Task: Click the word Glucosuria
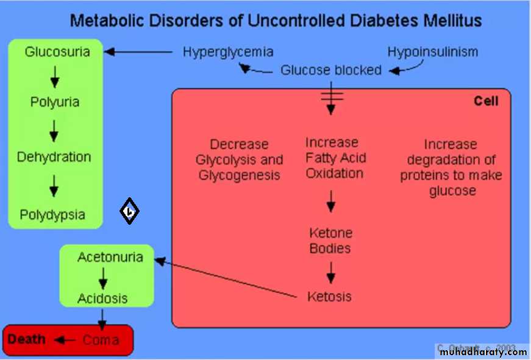point(57,52)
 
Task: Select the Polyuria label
point(55,102)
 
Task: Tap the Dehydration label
point(54,157)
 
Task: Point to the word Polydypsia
point(52,214)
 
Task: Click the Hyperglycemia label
point(227,52)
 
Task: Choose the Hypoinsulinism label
point(432,52)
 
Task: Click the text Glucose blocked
point(330,70)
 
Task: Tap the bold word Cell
point(486,101)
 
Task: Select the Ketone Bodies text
point(330,241)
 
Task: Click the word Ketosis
point(329,297)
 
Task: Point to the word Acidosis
point(102,298)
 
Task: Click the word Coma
point(101,340)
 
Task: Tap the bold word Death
point(27,339)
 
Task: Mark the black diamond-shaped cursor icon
point(129,211)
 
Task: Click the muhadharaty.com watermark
point(482,351)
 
